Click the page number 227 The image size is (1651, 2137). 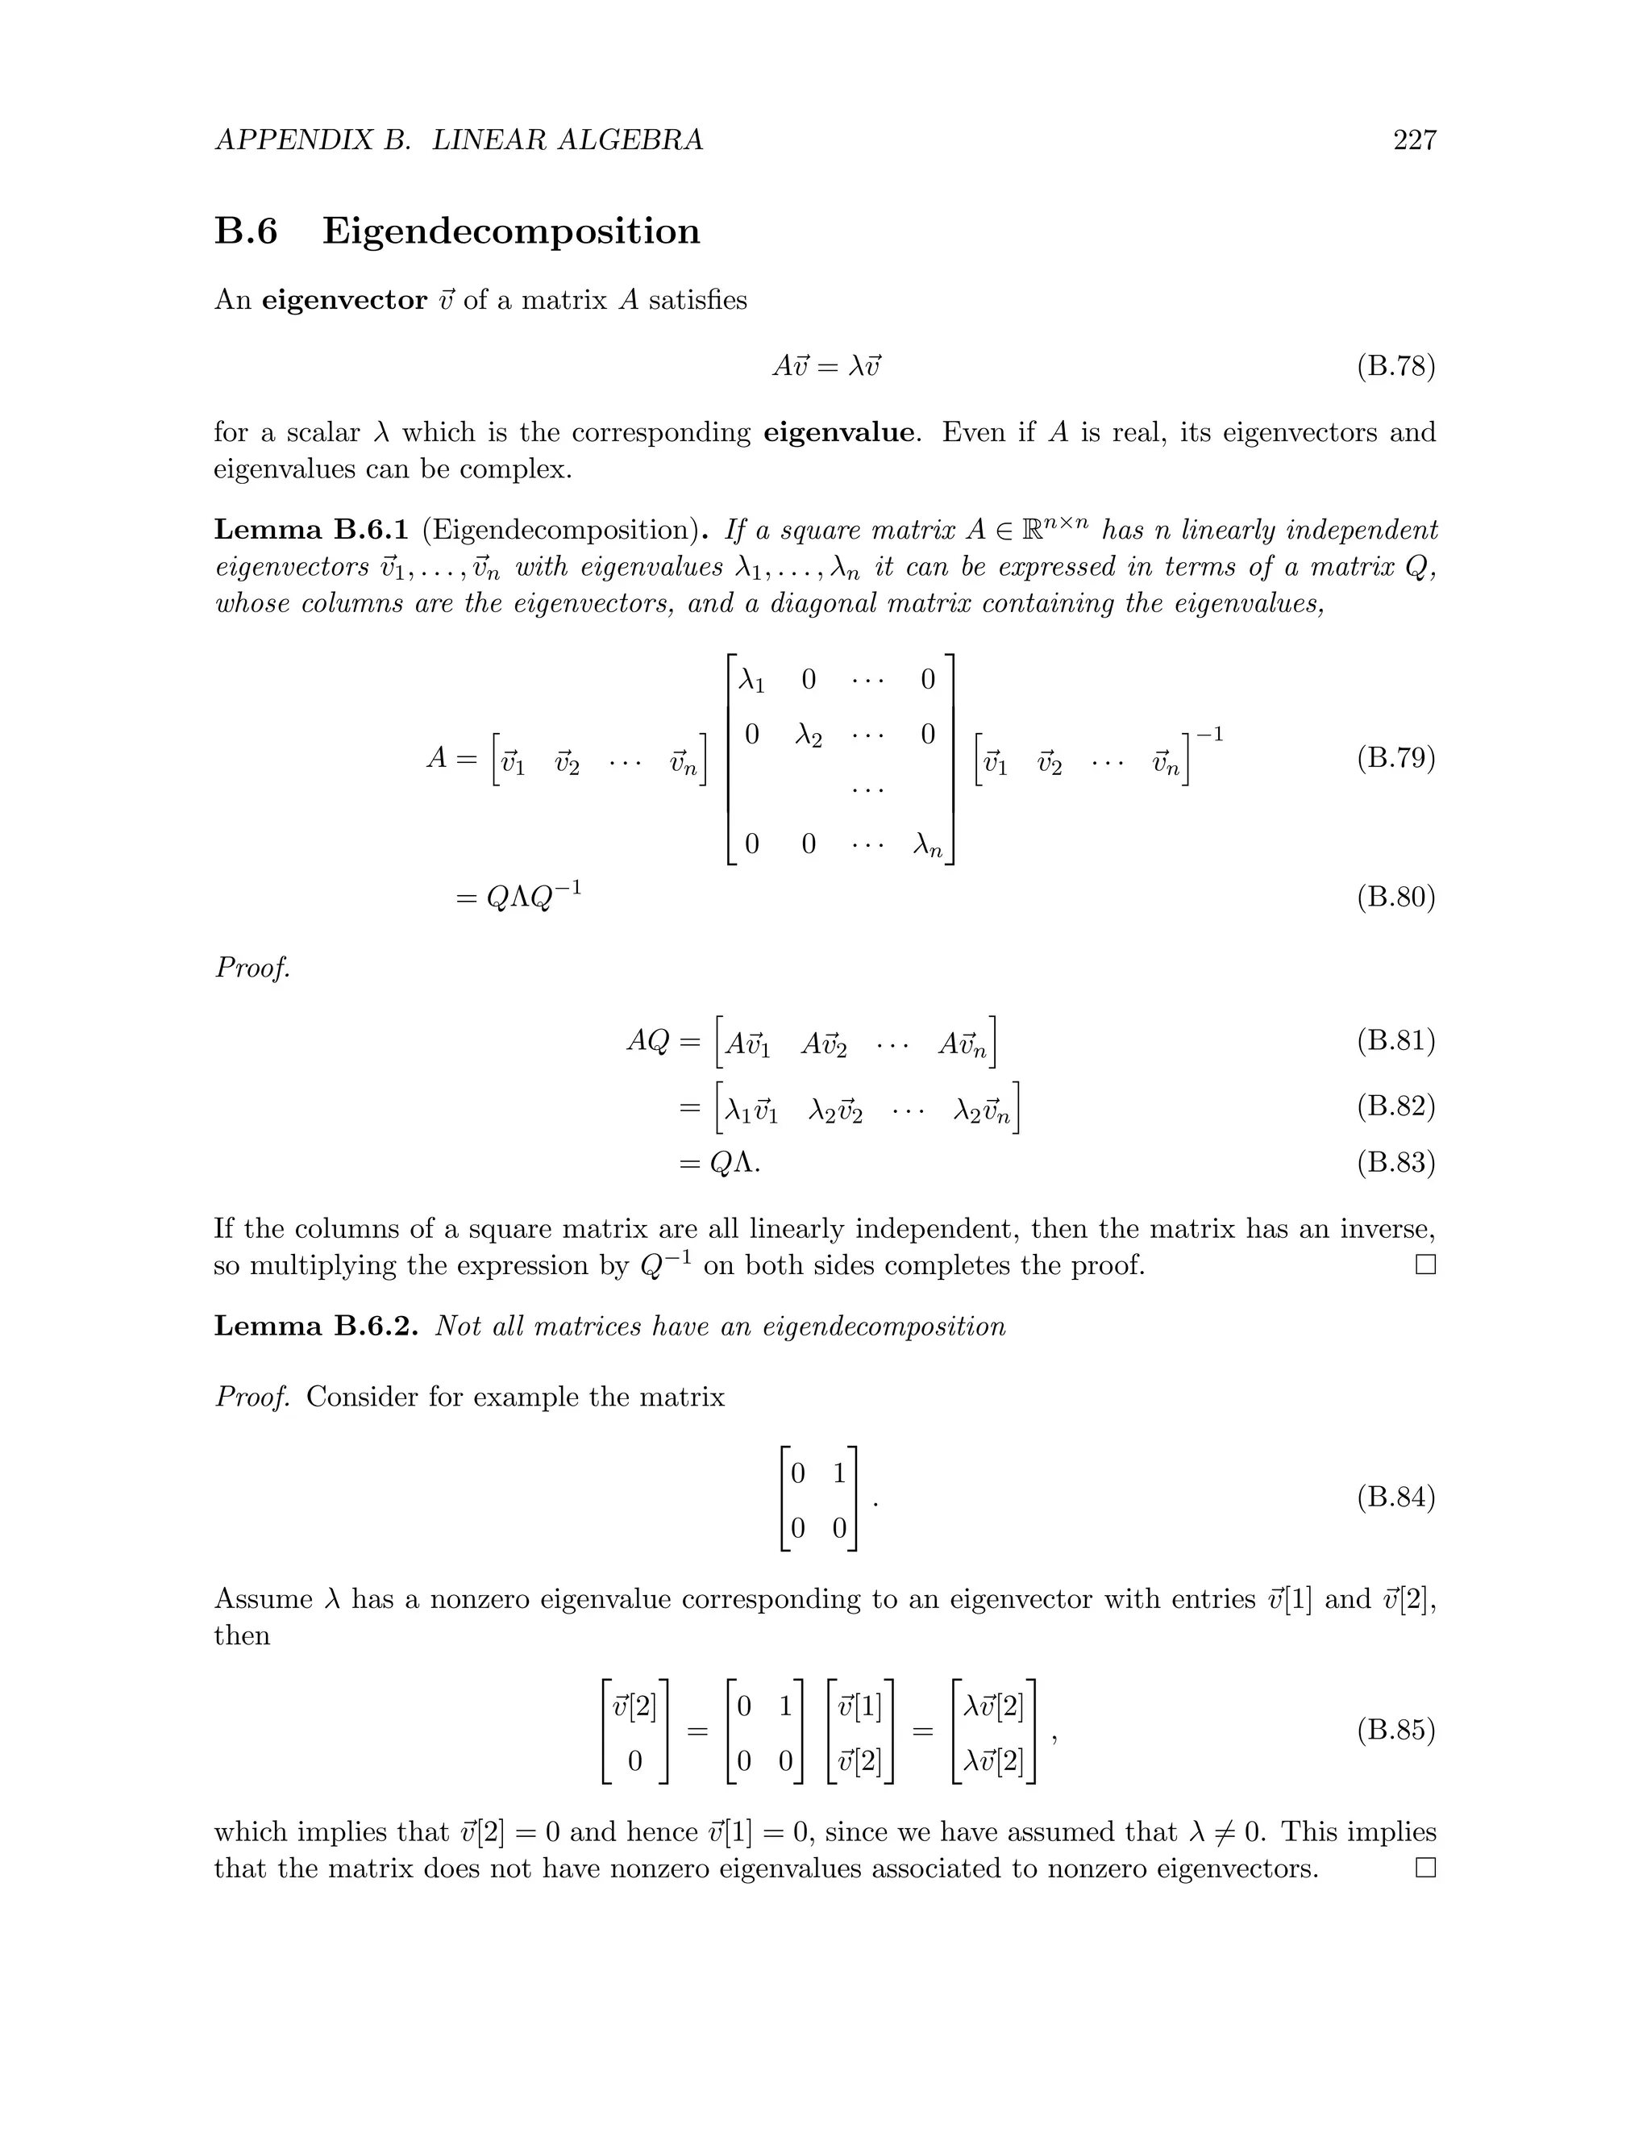[x=1414, y=140]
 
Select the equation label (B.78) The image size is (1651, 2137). [x=1395, y=367]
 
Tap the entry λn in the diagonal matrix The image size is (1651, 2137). [x=926, y=844]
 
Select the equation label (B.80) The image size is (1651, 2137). [x=1395, y=898]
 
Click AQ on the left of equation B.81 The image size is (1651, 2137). [x=647, y=1040]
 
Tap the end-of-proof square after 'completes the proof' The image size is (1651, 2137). [x=1425, y=1265]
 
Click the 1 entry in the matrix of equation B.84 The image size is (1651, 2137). [x=838, y=1473]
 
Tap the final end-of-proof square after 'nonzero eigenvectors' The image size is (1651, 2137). [x=1425, y=1869]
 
